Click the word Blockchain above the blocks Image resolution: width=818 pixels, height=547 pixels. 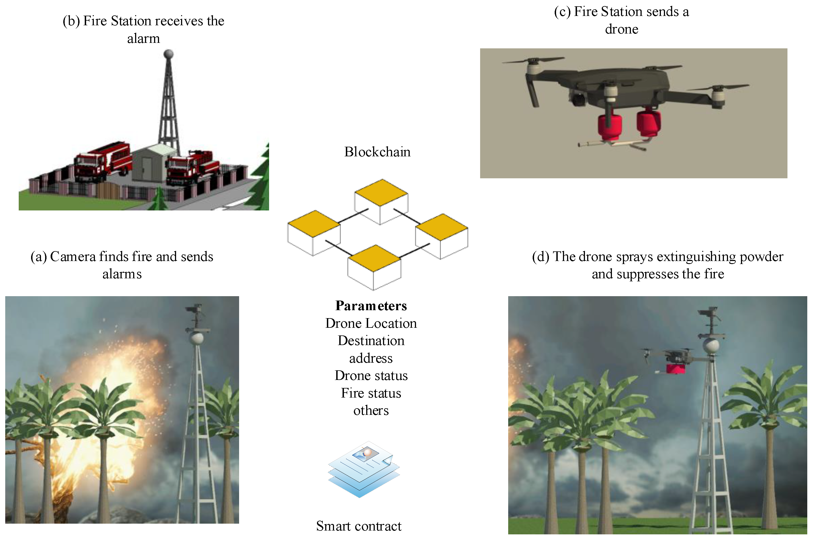coord(377,152)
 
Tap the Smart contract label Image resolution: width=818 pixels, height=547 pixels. coord(359,526)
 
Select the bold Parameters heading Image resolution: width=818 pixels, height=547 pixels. coord(371,306)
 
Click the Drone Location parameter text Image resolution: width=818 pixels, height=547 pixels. coord(371,323)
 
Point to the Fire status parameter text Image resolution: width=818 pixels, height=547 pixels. coord(371,393)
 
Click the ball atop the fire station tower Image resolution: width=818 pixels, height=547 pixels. coord(168,54)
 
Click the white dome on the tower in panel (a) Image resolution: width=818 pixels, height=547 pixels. coord(197,338)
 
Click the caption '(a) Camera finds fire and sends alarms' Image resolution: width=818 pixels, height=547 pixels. coord(122,265)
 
